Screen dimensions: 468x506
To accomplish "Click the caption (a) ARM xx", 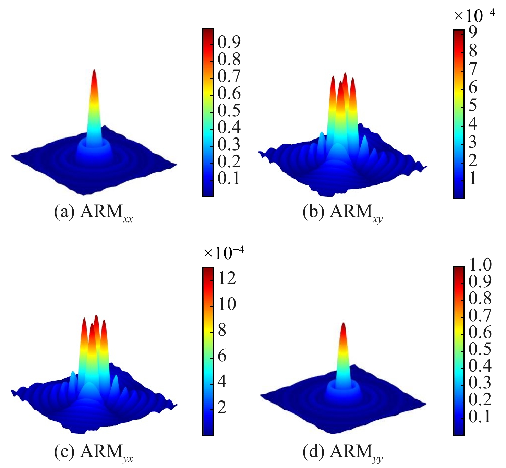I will (93, 213).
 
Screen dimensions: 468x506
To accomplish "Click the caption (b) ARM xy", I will (342, 213).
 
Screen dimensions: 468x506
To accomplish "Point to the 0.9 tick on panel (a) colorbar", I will (229, 42).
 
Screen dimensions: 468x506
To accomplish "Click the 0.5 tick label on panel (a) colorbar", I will (229, 110).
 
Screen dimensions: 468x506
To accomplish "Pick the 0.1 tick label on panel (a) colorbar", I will (229, 178).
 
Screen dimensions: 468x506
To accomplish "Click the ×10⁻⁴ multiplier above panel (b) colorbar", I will (474, 15).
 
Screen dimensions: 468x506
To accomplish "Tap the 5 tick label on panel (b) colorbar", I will (473, 105).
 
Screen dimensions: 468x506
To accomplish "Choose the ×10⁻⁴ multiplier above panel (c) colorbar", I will (224, 253).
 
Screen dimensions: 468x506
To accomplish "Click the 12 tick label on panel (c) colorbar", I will (227, 278).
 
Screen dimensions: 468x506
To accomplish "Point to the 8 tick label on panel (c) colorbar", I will (222, 330).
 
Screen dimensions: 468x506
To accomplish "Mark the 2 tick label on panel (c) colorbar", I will (222, 407).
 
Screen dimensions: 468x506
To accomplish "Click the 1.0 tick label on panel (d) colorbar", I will (480, 265).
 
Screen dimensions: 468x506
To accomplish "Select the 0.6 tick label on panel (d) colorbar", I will (480, 332).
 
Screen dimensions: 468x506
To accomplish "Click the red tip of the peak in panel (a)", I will (94, 73).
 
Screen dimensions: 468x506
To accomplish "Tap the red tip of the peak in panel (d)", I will (343, 326).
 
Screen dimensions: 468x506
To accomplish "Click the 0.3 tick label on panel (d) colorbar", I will (480, 383).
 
